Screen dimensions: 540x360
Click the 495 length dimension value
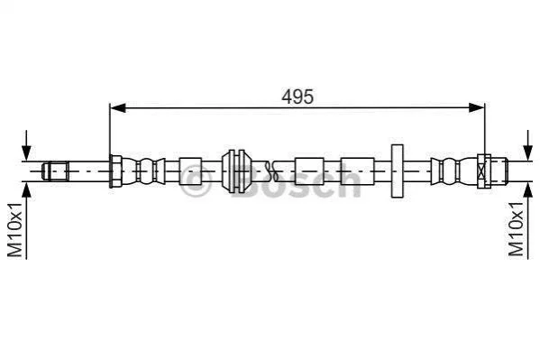point(297,97)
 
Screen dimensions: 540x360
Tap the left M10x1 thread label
point(15,230)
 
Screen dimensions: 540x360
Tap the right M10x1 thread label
point(516,229)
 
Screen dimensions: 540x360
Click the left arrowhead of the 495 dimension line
point(117,107)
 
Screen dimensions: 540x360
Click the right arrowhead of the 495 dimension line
point(477,107)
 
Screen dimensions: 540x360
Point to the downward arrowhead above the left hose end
point(26,152)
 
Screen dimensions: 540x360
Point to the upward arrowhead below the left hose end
point(26,189)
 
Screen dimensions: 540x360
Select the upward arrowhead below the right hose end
point(527,189)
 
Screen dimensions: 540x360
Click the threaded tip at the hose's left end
point(55,171)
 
